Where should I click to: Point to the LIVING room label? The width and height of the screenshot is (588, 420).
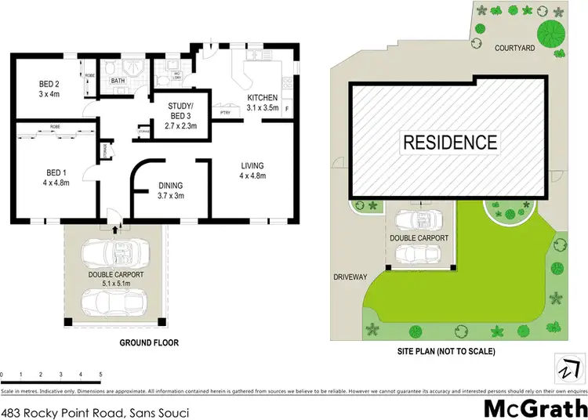(252, 165)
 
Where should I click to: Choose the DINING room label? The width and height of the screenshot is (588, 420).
(170, 185)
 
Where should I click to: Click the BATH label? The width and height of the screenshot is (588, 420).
(118, 81)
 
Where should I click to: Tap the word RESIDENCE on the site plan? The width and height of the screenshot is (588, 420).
(450, 142)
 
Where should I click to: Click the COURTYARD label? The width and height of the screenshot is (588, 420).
(514, 47)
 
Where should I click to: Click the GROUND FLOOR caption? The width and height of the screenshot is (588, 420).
(149, 342)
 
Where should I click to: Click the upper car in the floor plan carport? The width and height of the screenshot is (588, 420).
(116, 253)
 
